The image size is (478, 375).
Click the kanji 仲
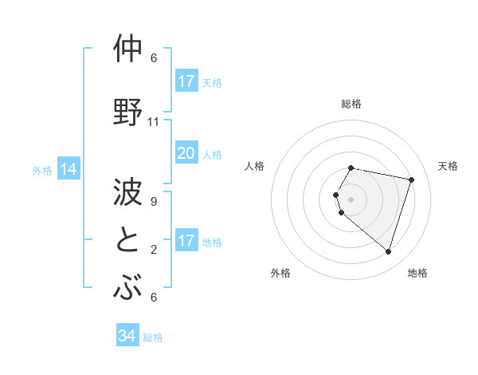tap(129, 49)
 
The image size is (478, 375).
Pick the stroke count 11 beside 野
tap(154, 122)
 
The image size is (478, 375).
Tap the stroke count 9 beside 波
tap(154, 201)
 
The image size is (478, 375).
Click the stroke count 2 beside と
tap(154, 249)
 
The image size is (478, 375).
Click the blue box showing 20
tap(186, 153)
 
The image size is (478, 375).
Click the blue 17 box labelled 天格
tap(186, 81)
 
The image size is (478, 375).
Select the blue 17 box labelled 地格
tap(186, 241)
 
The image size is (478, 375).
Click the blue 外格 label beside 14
tap(42, 170)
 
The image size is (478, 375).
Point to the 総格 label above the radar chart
tap(351, 104)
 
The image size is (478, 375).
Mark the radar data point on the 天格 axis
tap(411, 180)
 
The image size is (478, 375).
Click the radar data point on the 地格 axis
tap(388, 251)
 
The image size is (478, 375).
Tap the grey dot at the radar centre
tap(351, 199)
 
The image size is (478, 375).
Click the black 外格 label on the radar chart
tap(280, 273)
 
